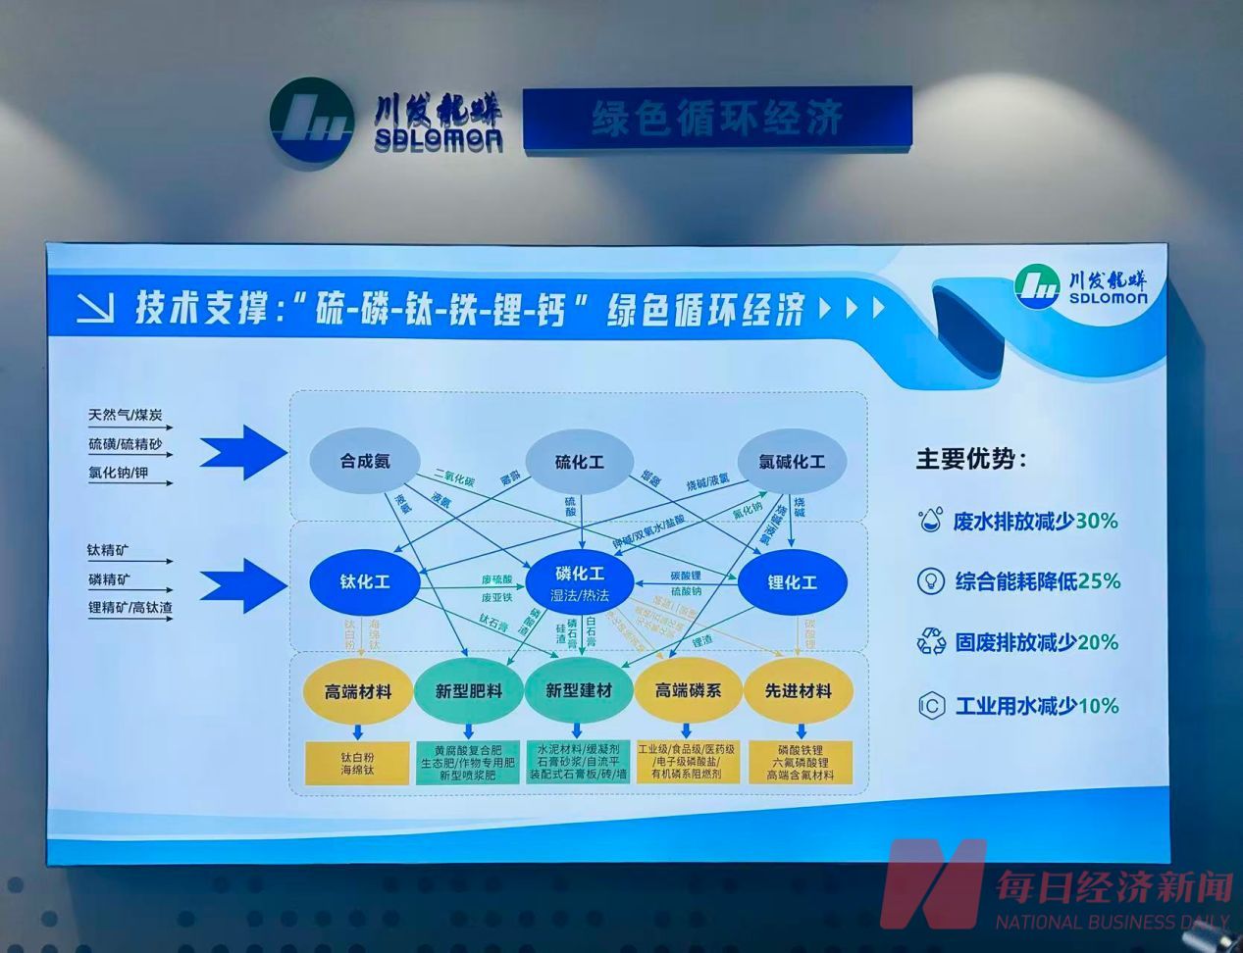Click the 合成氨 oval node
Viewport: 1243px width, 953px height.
point(365,461)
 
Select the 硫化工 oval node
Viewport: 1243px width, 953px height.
point(579,462)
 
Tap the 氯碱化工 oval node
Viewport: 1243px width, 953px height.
point(791,462)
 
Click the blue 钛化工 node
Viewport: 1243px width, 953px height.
point(365,581)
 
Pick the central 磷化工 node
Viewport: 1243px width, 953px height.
point(580,582)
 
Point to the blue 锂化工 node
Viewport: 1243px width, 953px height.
point(792,582)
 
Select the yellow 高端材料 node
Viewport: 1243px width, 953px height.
point(357,691)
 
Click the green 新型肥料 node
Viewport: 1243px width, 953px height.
point(469,691)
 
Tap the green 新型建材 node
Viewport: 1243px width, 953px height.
point(579,691)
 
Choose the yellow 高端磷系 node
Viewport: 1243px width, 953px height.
point(688,691)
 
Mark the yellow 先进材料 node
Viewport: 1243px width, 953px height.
point(798,691)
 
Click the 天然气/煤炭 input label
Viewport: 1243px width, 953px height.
point(126,416)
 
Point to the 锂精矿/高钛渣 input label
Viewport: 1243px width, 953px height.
point(129,608)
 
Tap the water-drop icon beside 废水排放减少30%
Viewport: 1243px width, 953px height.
point(928,521)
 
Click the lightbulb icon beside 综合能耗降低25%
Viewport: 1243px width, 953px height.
point(929,581)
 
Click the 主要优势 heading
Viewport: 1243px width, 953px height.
point(971,459)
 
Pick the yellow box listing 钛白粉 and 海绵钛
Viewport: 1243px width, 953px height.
point(357,764)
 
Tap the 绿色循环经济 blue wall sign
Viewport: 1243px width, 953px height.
point(717,119)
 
